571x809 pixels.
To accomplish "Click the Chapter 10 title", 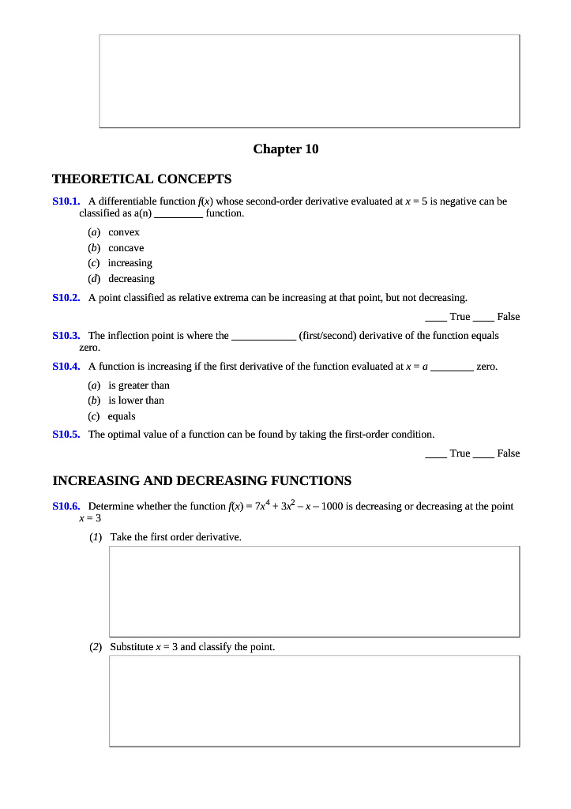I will [x=285, y=149].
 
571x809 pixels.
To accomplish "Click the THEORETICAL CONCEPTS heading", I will [x=141, y=179].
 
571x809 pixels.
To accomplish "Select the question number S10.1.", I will [x=66, y=201].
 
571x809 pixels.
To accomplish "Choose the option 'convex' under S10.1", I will [x=124, y=232].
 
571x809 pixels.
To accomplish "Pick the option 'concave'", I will [x=126, y=248].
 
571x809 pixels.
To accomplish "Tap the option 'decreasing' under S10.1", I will [x=131, y=279].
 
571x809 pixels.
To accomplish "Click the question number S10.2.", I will [x=66, y=298].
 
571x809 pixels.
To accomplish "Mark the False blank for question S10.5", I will [x=484, y=454].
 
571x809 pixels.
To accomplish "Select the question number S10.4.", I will [x=66, y=367].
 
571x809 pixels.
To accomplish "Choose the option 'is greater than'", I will [x=138, y=386].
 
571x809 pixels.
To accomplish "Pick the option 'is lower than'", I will [x=136, y=401].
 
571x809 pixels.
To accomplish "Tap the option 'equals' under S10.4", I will [x=122, y=416].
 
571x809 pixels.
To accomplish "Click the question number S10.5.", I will [x=66, y=435].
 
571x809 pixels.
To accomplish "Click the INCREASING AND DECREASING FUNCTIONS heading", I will [x=201, y=481].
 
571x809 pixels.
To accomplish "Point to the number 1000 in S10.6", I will [x=331, y=506].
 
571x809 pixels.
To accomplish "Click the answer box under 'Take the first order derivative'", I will [x=314, y=591].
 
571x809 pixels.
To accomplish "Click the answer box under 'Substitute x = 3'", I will [x=314, y=701].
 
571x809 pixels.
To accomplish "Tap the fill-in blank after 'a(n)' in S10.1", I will [x=178, y=214].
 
